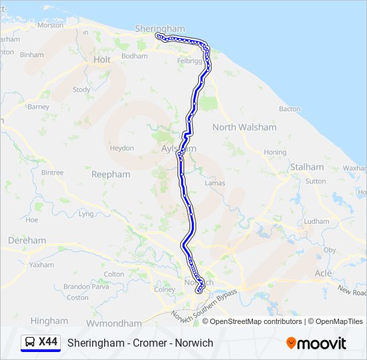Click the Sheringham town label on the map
coord(159,29)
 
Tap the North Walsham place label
coord(244,127)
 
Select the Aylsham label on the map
coord(175,149)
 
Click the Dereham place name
coord(27,240)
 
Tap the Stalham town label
coord(306,167)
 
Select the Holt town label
coord(102,59)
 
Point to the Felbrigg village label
coord(189,61)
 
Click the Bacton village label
coord(290,109)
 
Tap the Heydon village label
coord(122,148)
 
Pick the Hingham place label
coord(49,321)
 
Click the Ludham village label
coord(316,221)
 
